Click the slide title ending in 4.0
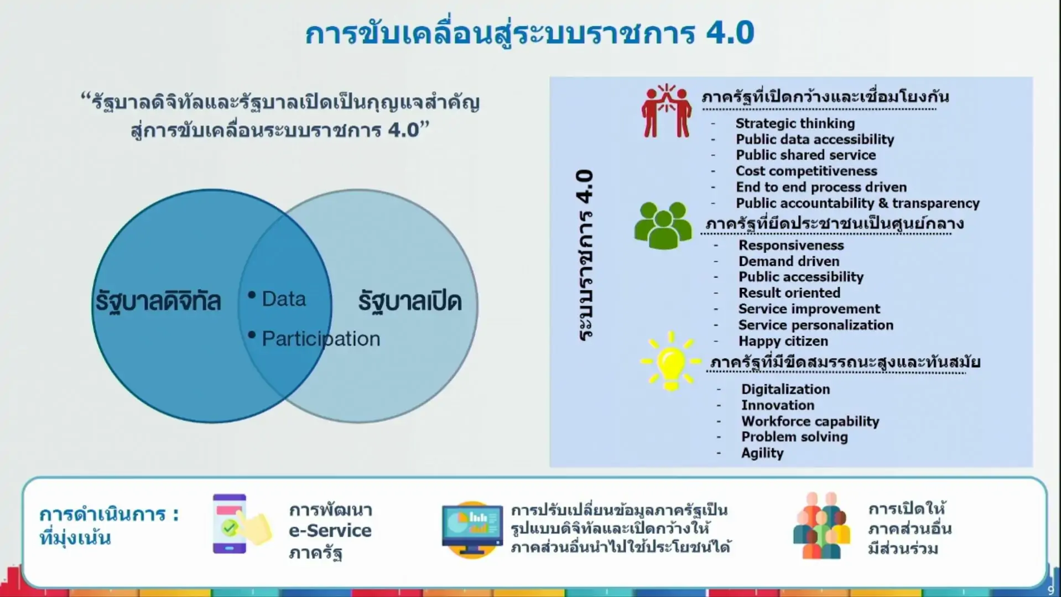pos(529,33)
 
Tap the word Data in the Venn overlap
pos(284,299)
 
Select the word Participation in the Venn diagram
pos(321,339)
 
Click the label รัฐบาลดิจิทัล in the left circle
pos(158,301)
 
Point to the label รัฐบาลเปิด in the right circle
pos(410,301)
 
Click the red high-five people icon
pos(667,111)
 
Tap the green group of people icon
pos(663,225)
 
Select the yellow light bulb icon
pos(670,361)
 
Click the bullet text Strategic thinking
pos(795,123)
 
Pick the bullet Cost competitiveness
pos(806,171)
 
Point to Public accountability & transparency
pos(857,203)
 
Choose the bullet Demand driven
pos(789,261)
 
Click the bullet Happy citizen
pos(783,341)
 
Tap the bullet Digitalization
pos(786,389)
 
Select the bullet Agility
pos(762,453)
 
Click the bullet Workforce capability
pos(810,421)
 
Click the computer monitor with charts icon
pos(472,530)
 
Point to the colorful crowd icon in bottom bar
pos(821,525)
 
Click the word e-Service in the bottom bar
pos(330,531)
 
